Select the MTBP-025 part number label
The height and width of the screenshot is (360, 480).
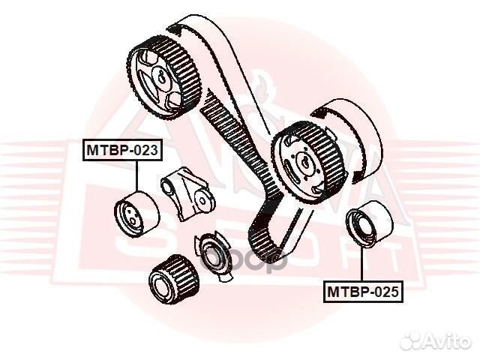tap(364, 291)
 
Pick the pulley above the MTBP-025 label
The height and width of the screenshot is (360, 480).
tap(364, 225)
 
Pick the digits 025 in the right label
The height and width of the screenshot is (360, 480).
tap(387, 291)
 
